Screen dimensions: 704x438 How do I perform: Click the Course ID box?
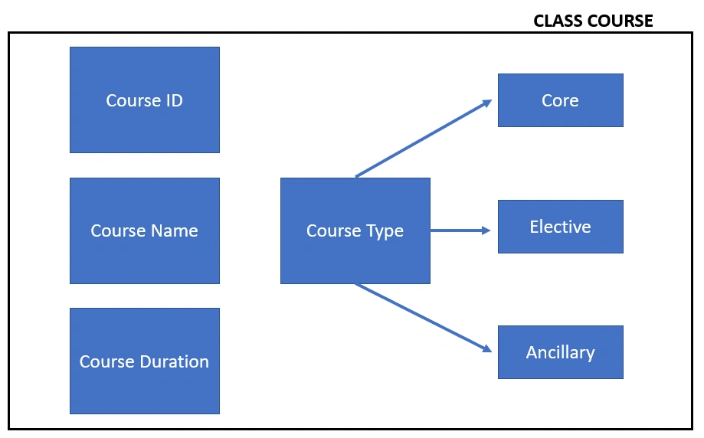(x=145, y=100)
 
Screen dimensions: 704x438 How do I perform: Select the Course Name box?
(x=145, y=230)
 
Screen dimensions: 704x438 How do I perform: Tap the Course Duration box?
(x=145, y=361)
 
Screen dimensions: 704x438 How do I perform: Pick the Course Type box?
(x=355, y=230)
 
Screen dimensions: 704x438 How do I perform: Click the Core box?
(x=560, y=100)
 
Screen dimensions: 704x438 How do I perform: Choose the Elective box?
(x=560, y=227)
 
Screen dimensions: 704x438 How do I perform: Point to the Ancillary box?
(x=560, y=352)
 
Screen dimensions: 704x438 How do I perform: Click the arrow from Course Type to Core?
(x=424, y=139)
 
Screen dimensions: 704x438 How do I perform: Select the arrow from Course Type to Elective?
(x=460, y=230)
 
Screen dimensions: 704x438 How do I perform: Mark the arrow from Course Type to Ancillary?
(x=424, y=318)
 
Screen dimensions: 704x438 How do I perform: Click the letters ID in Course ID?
(x=175, y=100)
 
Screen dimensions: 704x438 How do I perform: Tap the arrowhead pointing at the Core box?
(x=487, y=103)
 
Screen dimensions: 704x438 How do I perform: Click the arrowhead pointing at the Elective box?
(x=486, y=230)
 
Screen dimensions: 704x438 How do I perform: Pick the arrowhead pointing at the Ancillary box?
(x=487, y=348)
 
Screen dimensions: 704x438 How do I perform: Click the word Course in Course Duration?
(x=108, y=361)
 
